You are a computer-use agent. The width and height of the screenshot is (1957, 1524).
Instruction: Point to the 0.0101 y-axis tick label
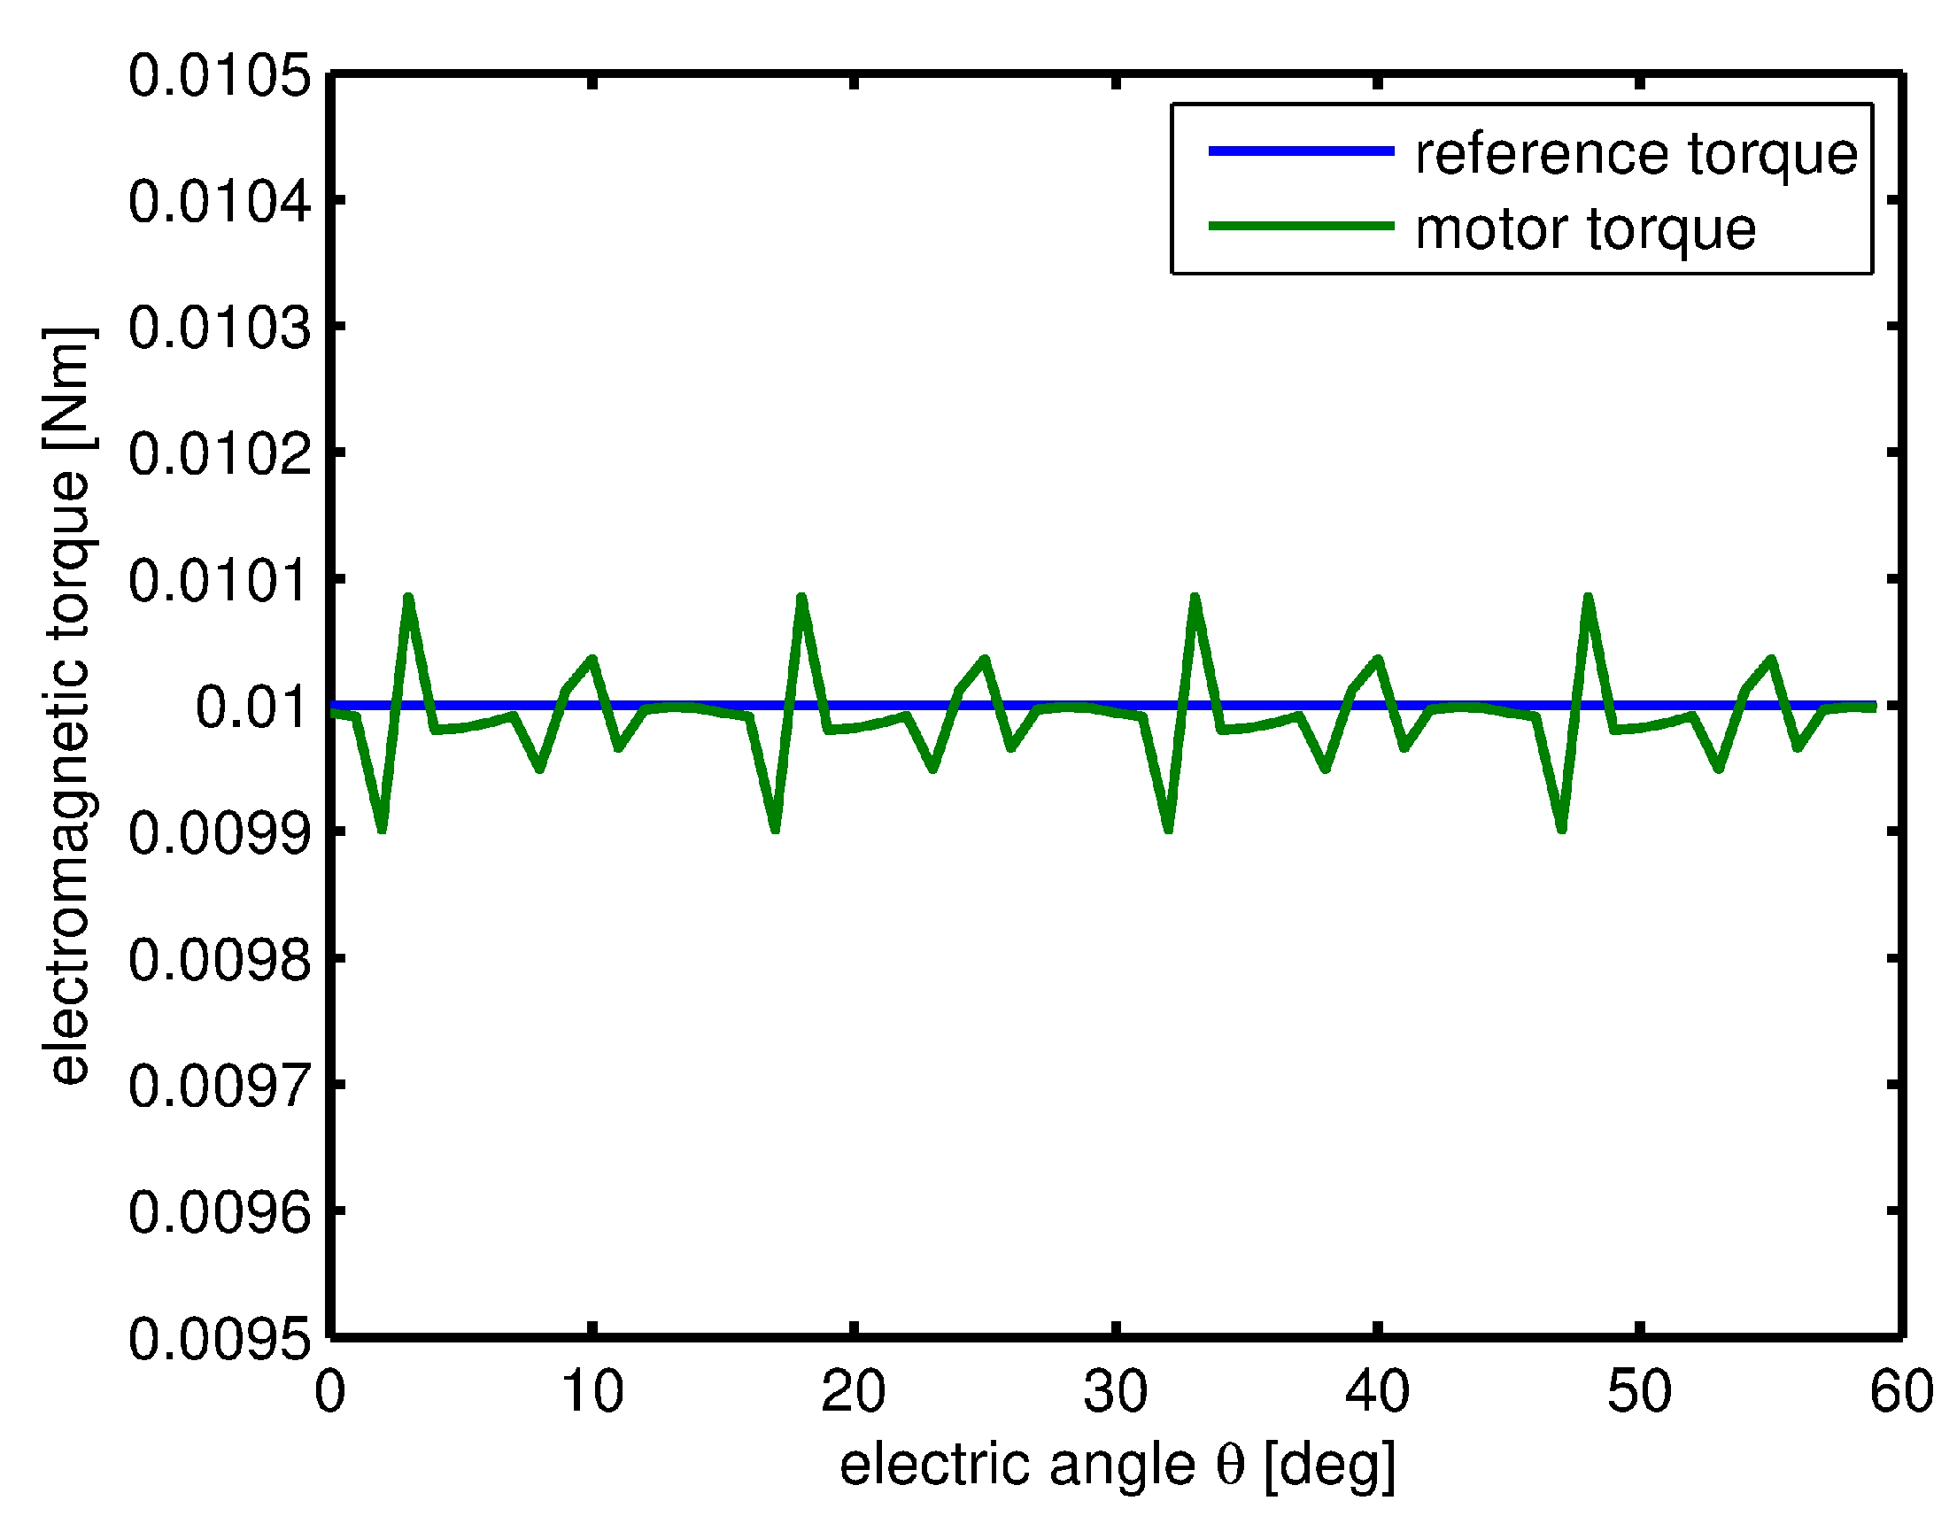click(x=220, y=581)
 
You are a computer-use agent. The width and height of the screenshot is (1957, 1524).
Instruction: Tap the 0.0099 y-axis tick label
click(x=220, y=833)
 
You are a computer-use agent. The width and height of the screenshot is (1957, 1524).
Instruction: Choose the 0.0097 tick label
click(x=220, y=1086)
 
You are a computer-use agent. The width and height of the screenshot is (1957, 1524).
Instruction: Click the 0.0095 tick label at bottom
click(x=220, y=1340)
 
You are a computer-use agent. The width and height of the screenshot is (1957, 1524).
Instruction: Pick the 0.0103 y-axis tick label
click(x=220, y=328)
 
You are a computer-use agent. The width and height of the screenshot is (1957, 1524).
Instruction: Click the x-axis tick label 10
click(x=592, y=1391)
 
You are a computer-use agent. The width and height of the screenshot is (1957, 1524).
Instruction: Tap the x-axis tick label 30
click(x=1115, y=1391)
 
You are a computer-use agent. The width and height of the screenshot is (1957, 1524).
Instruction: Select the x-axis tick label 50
click(x=1639, y=1391)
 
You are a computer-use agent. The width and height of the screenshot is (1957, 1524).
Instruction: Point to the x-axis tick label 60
click(x=1899, y=1391)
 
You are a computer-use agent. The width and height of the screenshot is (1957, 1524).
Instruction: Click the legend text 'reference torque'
click(x=1636, y=153)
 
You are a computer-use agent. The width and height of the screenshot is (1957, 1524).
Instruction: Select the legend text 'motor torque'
click(x=1585, y=228)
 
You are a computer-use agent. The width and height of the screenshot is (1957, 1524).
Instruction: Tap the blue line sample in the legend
click(x=1301, y=151)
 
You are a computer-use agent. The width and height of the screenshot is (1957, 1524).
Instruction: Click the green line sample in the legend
click(x=1301, y=226)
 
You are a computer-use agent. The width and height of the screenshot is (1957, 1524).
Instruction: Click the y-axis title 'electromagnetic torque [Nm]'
click(x=68, y=706)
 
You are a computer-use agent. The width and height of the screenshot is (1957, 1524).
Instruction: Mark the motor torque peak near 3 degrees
click(x=408, y=598)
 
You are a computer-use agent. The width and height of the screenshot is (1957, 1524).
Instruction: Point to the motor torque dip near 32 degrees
click(x=1169, y=829)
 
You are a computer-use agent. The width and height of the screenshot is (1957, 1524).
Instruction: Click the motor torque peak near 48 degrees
click(x=1588, y=598)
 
